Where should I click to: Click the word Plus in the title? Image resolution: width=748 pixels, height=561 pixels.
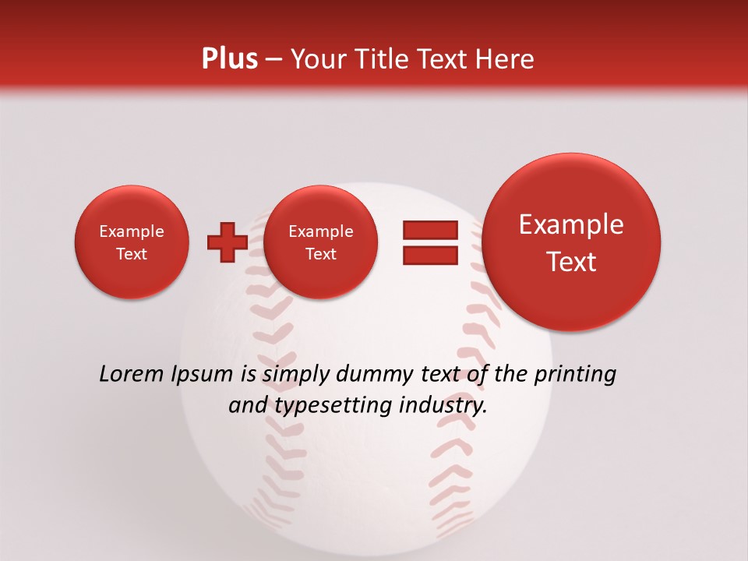pyautogui.click(x=229, y=59)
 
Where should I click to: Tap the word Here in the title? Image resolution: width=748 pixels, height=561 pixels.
pyautogui.click(x=506, y=59)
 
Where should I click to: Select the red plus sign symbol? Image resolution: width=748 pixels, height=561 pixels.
pyautogui.click(x=227, y=242)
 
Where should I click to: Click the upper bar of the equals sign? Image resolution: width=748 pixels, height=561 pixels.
pyautogui.click(x=430, y=230)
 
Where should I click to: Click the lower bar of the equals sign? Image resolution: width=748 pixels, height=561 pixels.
pyautogui.click(x=430, y=256)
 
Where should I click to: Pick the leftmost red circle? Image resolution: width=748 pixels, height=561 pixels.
pyautogui.click(x=132, y=242)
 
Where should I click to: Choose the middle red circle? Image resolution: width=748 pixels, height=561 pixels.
pyautogui.click(x=320, y=242)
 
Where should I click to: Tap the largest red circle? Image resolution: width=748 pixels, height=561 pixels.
pyautogui.click(x=571, y=242)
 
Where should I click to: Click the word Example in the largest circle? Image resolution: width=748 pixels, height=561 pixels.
pyautogui.click(x=571, y=224)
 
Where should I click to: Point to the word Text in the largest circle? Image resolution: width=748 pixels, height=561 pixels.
pyautogui.click(x=571, y=262)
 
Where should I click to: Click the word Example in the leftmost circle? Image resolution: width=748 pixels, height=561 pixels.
pyautogui.click(x=132, y=231)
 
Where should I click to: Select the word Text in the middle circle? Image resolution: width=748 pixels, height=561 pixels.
pyautogui.click(x=320, y=254)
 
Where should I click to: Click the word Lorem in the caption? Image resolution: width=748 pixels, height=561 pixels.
pyautogui.click(x=131, y=375)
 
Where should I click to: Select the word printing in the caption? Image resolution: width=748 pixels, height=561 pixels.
pyautogui.click(x=574, y=375)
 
